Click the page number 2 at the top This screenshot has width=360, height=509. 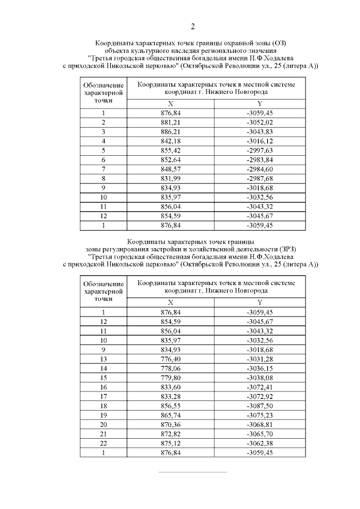click(x=193, y=26)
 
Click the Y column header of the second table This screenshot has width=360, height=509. click(x=259, y=303)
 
